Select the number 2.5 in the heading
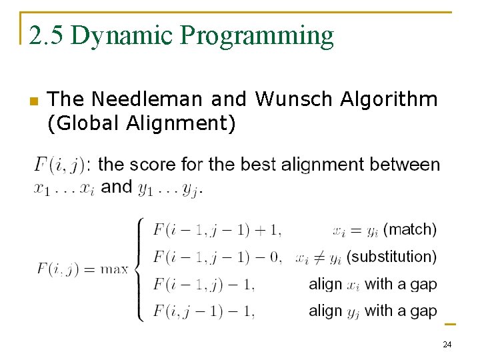point(47,35)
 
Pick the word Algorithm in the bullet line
point(389,100)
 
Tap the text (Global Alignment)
point(141,123)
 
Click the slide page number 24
point(447,345)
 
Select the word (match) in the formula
point(410,229)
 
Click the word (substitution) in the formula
point(392,257)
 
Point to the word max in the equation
point(114,269)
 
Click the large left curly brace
point(139,269)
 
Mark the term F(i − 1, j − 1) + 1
point(217,231)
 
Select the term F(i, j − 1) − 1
point(203,311)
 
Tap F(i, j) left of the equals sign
point(59,269)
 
